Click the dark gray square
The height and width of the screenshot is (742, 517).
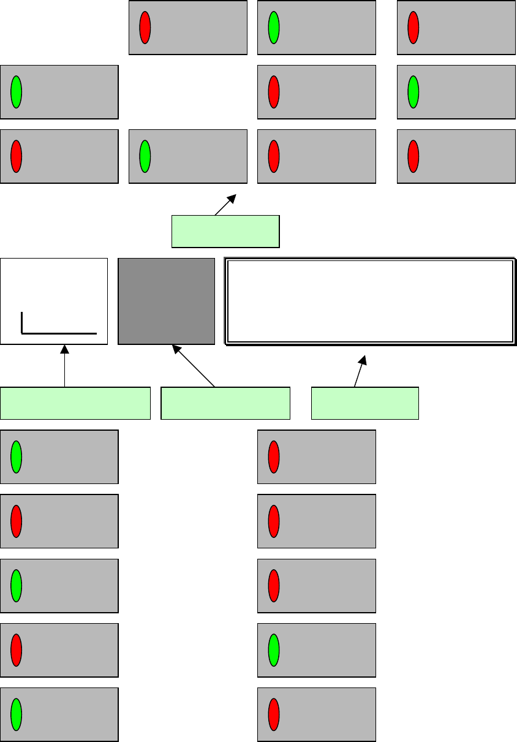point(166,301)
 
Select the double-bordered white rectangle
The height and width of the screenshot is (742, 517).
point(369,301)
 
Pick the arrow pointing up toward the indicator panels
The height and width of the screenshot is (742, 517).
point(225,205)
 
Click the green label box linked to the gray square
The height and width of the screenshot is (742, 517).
point(225,403)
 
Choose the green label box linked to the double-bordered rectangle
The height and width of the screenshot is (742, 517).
point(364,403)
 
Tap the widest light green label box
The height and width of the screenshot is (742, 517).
point(75,403)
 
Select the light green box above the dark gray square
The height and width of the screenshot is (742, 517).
point(225,231)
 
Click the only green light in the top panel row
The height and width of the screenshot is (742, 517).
point(274,28)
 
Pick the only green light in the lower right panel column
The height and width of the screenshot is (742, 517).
point(274,650)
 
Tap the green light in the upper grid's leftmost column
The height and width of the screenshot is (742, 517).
point(17,92)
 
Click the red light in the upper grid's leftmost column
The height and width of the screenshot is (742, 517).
point(17,156)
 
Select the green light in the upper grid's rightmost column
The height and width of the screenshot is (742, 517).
point(413,92)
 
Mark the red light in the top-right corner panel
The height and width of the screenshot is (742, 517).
point(413,28)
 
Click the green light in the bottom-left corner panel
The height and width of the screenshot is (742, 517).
point(17,714)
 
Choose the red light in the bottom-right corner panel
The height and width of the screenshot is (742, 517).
point(274,714)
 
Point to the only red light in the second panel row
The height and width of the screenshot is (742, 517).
point(274,92)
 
